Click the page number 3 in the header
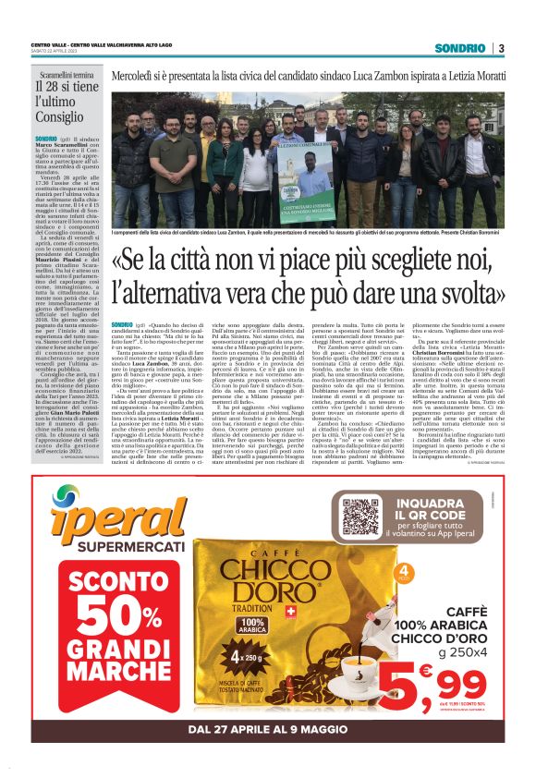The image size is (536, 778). [x=501, y=48]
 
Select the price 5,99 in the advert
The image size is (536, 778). [x=451, y=685]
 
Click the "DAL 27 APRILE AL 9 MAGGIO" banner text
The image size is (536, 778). [x=268, y=729]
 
